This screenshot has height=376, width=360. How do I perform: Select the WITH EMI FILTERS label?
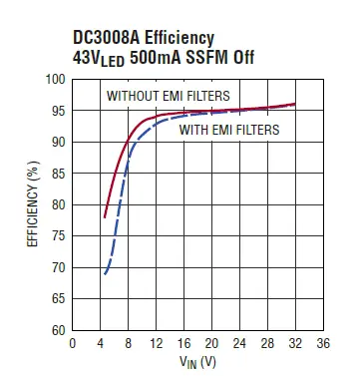[228, 129]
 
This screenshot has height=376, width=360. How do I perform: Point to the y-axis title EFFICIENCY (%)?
[32, 204]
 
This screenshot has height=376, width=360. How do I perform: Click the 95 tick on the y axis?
[58, 111]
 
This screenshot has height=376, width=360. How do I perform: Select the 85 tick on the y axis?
[58, 174]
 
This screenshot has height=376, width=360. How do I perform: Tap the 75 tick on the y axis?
[58, 236]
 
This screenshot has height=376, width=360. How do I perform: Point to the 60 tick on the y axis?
[58, 330]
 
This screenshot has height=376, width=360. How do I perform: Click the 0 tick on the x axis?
[72, 343]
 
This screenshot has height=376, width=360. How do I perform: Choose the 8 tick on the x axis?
[128, 343]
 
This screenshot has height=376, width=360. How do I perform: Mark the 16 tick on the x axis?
[183, 343]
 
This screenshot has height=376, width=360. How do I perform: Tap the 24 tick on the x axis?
[239, 343]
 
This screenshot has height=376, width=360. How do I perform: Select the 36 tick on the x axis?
[322, 343]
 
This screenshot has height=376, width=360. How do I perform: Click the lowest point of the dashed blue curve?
[104, 273]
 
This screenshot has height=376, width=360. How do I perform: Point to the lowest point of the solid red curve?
[104, 217]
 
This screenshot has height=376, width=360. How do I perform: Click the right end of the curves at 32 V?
[294, 104]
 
